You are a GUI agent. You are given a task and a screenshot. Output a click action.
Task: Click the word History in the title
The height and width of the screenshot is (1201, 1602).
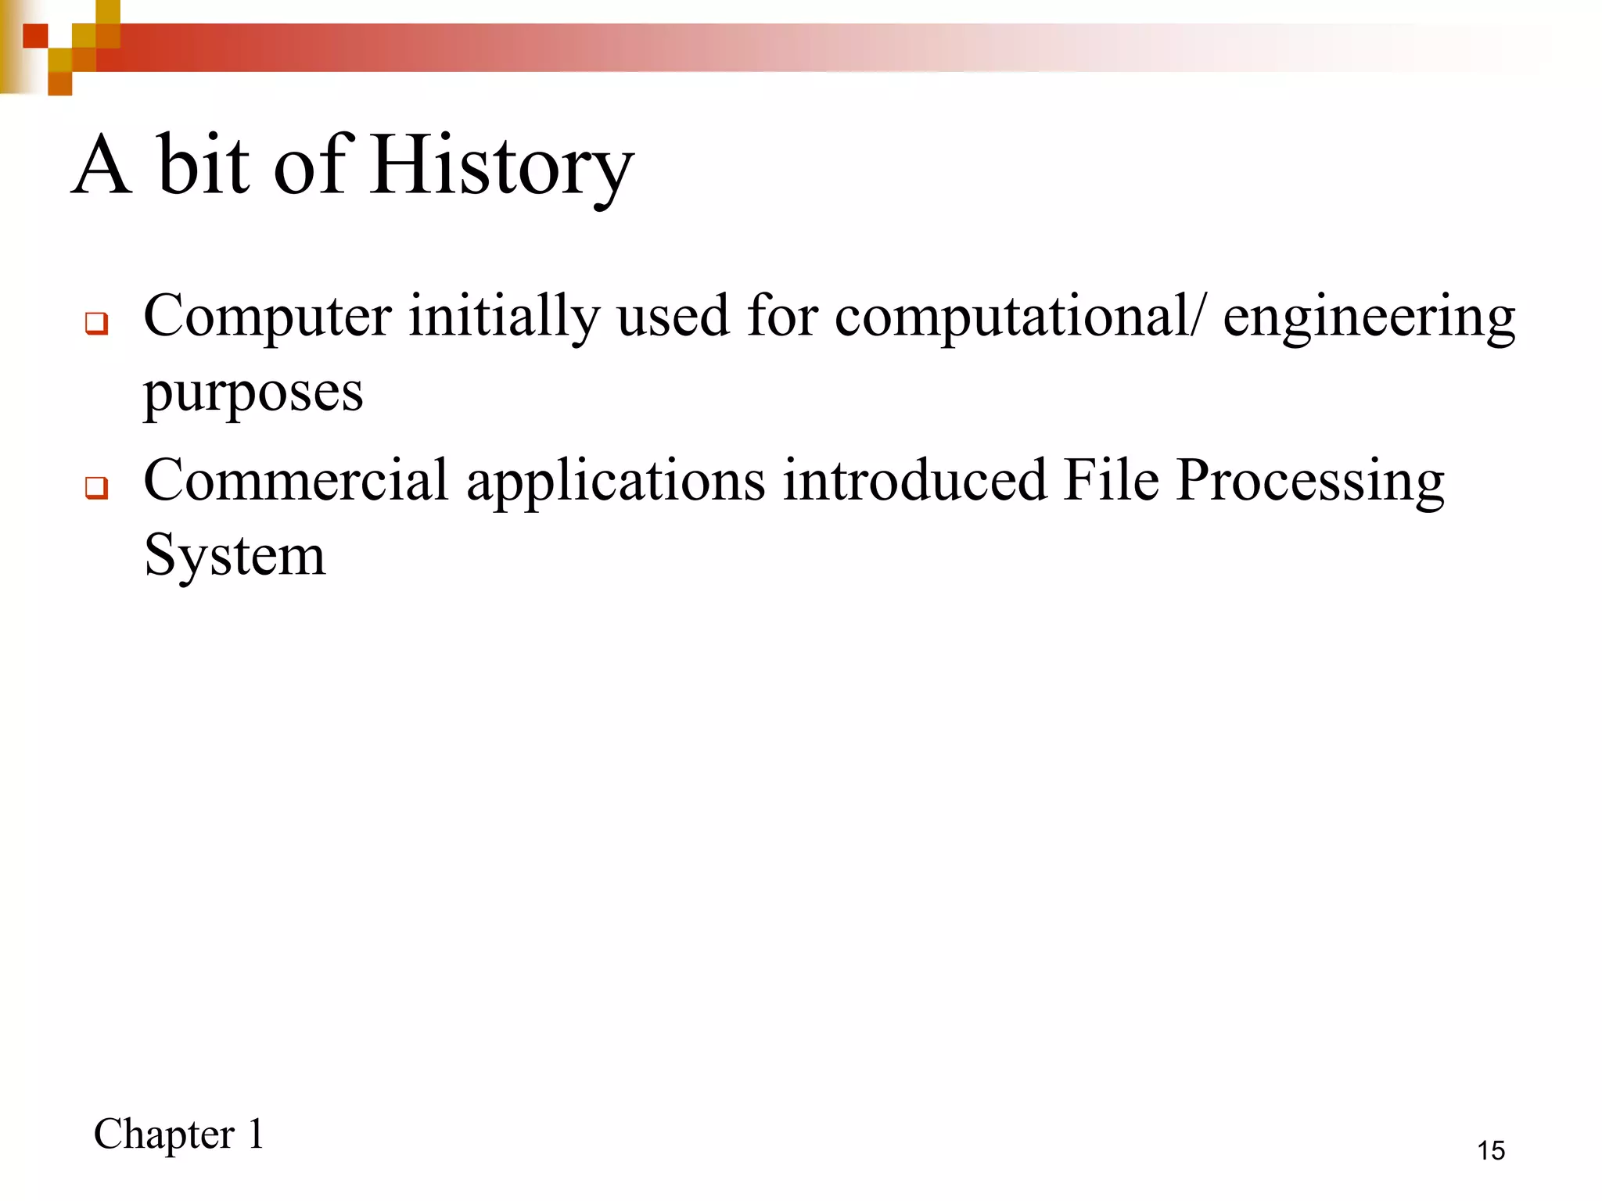point(502,166)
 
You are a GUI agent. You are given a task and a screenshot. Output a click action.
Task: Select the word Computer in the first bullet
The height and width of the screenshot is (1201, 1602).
point(268,317)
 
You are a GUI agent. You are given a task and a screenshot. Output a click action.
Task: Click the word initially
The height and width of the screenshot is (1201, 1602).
point(504,317)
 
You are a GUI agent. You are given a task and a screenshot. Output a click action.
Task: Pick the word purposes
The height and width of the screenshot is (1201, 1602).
point(253,393)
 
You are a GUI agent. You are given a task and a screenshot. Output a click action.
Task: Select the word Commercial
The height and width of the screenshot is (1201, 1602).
point(296,480)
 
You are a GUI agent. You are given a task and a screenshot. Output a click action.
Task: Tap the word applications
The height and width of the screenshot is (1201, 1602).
point(616,482)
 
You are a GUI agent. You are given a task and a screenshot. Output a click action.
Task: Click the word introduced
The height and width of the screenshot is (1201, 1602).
point(914,480)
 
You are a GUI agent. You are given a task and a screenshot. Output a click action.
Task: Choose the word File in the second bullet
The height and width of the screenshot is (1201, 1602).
point(1111,480)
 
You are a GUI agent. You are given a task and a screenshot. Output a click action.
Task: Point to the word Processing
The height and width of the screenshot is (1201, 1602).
point(1310,482)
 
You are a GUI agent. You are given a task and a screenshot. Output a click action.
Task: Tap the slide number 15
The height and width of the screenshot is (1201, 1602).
point(1491,1150)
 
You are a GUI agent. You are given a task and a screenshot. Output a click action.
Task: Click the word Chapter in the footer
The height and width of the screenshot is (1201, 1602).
point(164,1135)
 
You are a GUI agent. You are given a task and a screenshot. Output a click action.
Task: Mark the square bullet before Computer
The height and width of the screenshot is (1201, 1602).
point(96,323)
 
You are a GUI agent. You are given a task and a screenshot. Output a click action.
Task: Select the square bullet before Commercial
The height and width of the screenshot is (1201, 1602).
point(96,488)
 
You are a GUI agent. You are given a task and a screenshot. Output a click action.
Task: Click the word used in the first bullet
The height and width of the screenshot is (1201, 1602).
point(673,317)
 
